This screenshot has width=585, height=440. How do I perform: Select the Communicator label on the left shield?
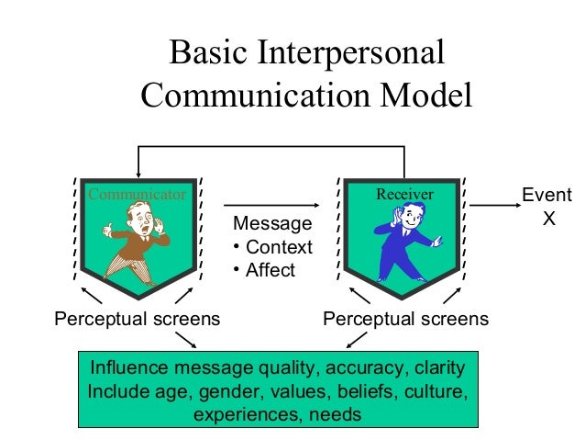pyautogui.click(x=137, y=195)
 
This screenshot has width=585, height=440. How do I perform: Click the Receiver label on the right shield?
pyautogui.click(x=404, y=195)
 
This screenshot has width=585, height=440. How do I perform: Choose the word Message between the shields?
pyautogui.click(x=272, y=224)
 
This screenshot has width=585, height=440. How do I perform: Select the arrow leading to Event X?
pyautogui.click(x=496, y=205)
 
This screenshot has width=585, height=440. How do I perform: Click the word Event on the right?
pyautogui.click(x=546, y=196)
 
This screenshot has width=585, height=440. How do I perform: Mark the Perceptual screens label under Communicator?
pyautogui.click(x=138, y=320)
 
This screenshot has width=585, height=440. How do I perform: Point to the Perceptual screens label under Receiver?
pyautogui.click(x=406, y=320)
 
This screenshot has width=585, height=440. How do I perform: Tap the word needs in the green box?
pyautogui.click(x=336, y=413)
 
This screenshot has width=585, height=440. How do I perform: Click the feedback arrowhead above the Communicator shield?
pyautogui.click(x=138, y=172)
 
